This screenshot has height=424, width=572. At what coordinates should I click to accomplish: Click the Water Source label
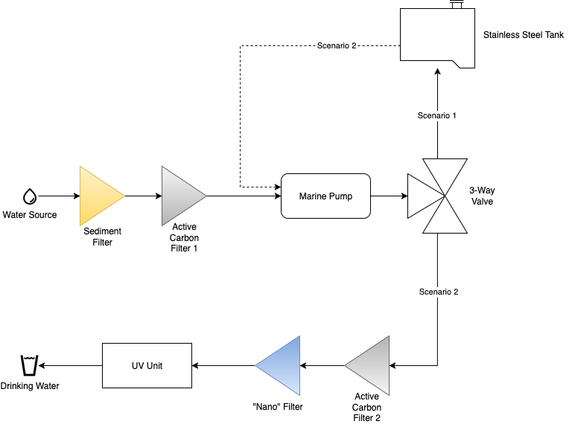point(30,216)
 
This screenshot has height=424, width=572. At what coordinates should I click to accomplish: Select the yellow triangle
point(98,196)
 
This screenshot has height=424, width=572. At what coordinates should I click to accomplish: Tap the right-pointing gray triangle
point(180,196)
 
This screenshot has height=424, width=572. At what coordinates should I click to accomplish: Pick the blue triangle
point(282,365)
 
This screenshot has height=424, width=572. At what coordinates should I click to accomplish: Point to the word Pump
point(342,196)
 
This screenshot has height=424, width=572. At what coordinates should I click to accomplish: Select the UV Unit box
point(147,365)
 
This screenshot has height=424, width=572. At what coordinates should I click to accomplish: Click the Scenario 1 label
point(437,116)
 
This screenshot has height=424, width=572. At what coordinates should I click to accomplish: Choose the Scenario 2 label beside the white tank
point(337,46)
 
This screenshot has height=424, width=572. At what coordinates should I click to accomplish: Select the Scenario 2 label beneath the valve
point(439,292)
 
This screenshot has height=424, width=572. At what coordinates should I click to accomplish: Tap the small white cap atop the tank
point(457,5)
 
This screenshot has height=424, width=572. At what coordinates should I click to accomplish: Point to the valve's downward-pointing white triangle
point(445,173)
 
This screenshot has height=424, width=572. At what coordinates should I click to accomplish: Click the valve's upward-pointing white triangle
point(445,219)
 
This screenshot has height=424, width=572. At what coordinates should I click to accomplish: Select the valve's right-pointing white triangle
point(422,196)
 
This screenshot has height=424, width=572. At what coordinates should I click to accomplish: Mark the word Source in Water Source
point(42,216)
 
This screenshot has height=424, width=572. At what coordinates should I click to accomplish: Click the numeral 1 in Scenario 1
point(454,116)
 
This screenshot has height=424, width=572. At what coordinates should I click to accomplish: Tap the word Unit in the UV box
point(154,366)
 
